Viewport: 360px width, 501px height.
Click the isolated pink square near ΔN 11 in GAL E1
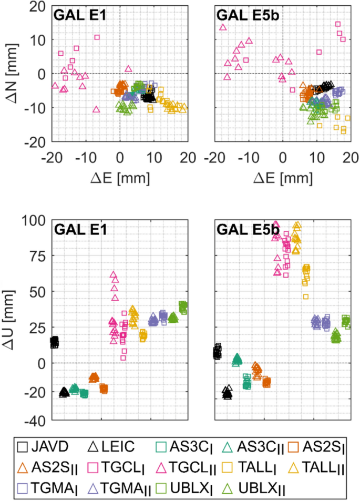pyautogui.click(x=97, y=37)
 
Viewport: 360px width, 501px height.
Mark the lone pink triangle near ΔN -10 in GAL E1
pyautogui.click(x=96, y=109)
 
